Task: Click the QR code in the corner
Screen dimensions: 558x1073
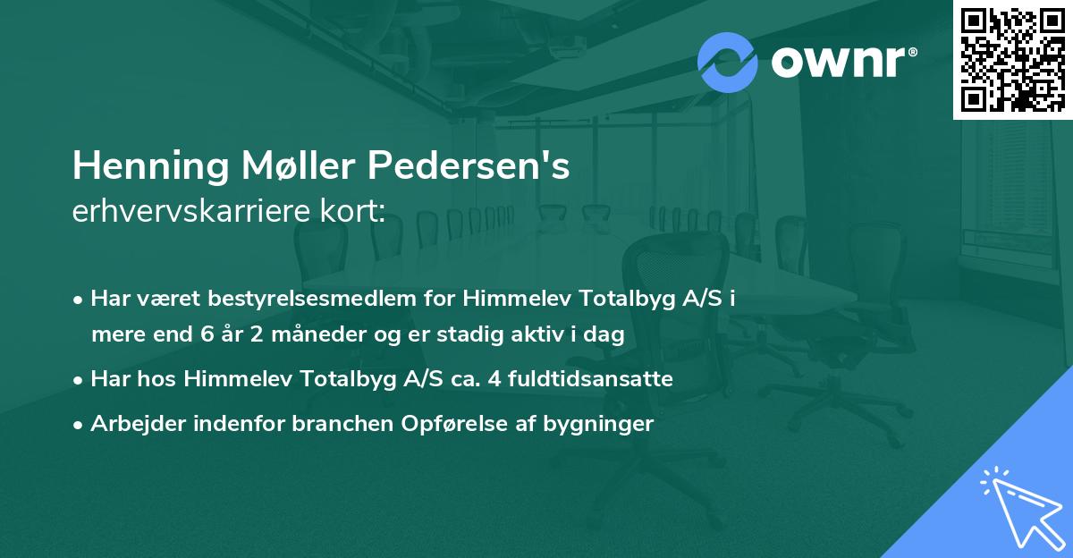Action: (1013, 59)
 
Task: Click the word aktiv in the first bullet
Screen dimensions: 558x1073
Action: (544, 334)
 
